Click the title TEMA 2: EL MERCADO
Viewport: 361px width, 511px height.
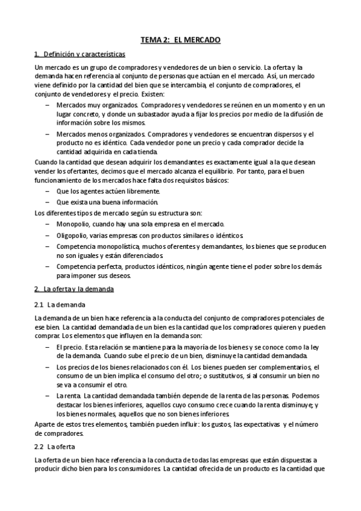point(181,40)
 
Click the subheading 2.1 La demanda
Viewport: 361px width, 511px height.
point(60,304)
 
